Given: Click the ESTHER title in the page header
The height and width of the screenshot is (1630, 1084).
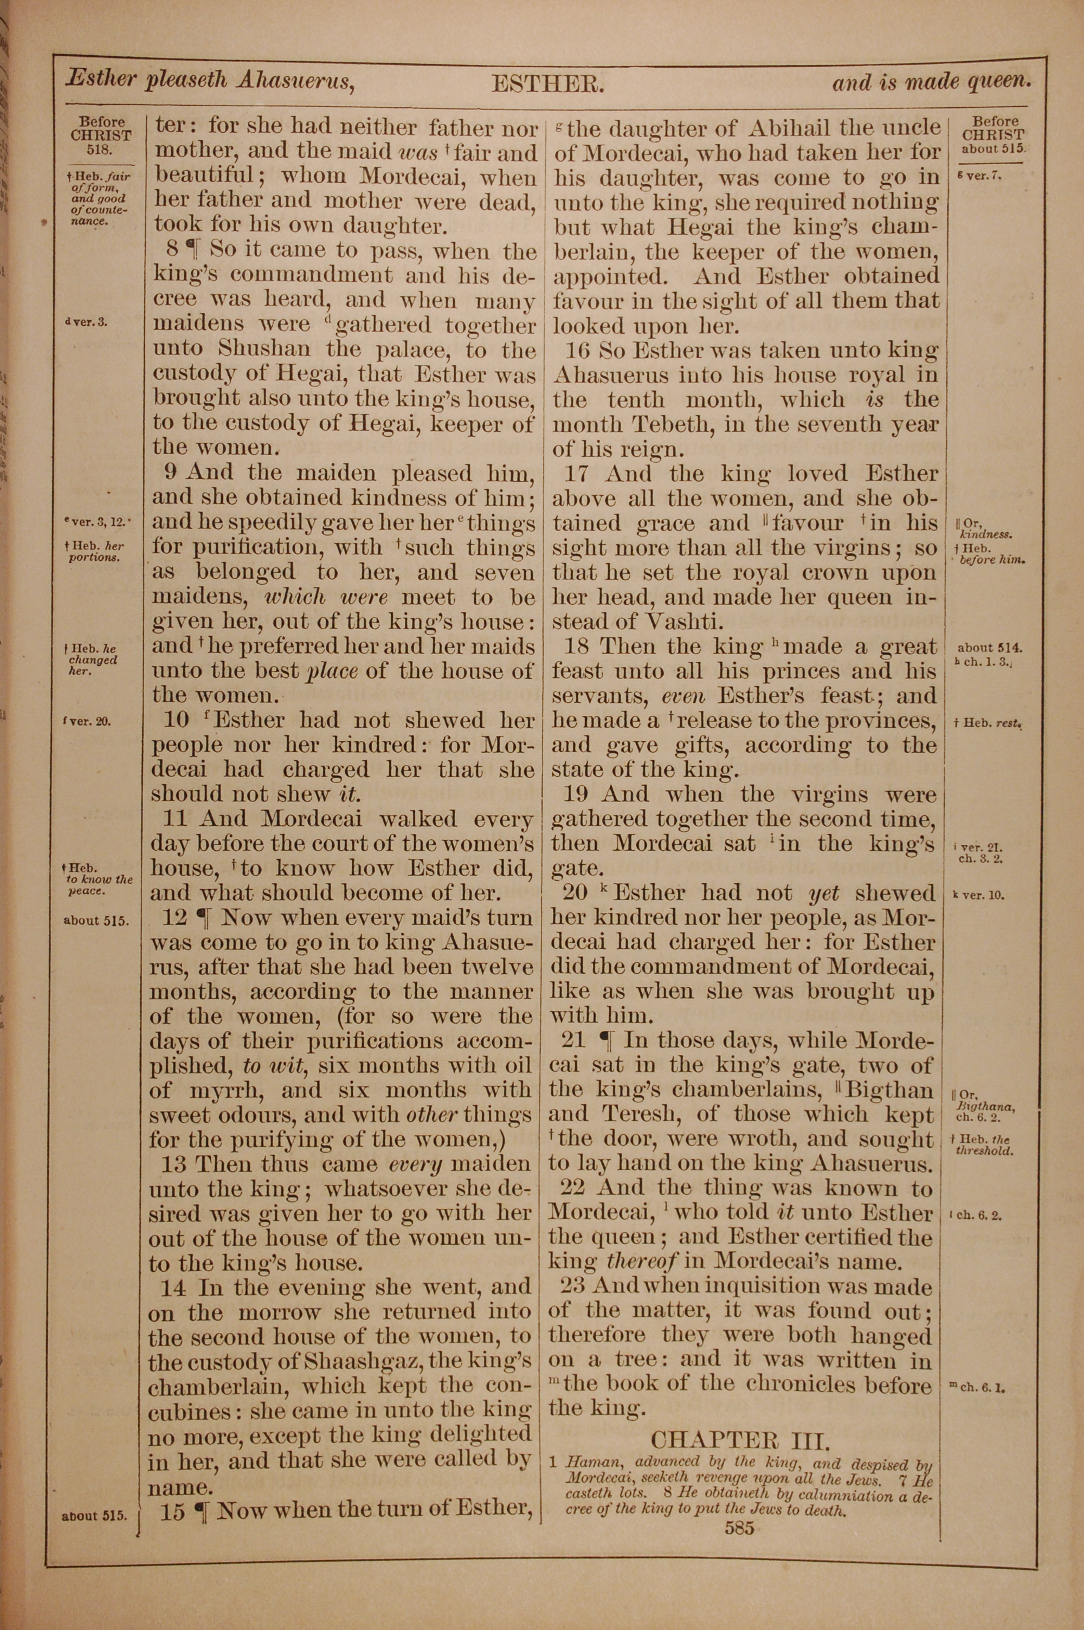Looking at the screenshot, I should (547, 85).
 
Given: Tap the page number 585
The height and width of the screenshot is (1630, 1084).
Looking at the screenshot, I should (739, 1528).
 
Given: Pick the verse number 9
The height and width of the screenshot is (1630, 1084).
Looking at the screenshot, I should (172, 473).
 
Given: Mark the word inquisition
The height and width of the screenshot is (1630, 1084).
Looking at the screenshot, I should (721, 1286).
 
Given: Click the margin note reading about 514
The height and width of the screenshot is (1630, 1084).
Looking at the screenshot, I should (989, 648).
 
